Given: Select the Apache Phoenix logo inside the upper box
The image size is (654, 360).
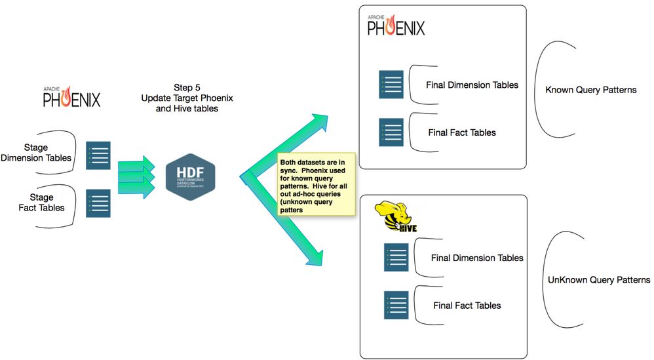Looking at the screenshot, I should [x=395, y=25].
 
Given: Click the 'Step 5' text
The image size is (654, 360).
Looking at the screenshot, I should [x=188, y=87].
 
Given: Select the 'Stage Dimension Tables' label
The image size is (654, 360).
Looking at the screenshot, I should [x=37, y=151].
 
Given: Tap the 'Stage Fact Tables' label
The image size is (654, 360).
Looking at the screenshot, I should [x=43, y=203].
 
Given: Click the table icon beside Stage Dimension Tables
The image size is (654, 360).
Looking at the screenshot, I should [x=98, y=155].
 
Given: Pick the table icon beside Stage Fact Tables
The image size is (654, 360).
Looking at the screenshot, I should [x=98, y=203].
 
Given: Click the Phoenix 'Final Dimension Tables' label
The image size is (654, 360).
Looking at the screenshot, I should [x=472, y=85].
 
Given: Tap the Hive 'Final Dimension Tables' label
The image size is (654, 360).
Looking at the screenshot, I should [x=477, y=258].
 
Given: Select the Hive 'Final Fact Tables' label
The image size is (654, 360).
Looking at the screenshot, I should [x=467, y=305].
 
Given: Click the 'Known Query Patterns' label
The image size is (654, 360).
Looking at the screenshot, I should [x=590, y=90].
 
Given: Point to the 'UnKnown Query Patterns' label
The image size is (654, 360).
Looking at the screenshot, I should [x=598, y=280].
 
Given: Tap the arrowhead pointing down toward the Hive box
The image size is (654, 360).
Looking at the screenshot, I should [x=318, y=257].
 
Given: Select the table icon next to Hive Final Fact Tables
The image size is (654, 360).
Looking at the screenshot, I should [x=396, y=305].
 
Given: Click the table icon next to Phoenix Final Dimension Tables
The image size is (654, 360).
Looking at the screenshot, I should [x=391, y=85].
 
